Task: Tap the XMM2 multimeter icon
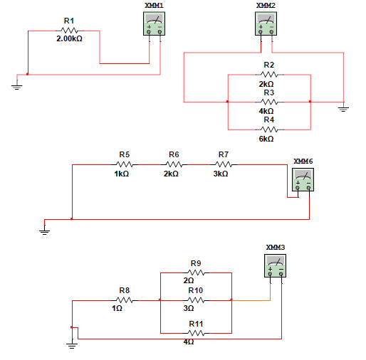coord(266,25)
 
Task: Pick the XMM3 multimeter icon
coord(276,265)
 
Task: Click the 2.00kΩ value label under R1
coord(69,38)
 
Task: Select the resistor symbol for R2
coord(268,75)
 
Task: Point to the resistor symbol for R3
coord(268,102)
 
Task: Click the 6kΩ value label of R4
coord(266,139)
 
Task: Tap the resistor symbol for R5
coord(124,164)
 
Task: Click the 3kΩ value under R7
coord(221,173)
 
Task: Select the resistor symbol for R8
coord(124,300)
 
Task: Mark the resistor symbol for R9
coord(196,272)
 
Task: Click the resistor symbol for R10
coord(196,300)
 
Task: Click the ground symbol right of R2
coord(343,109)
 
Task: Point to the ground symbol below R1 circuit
coord(16,87)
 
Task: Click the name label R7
coord(223,154)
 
